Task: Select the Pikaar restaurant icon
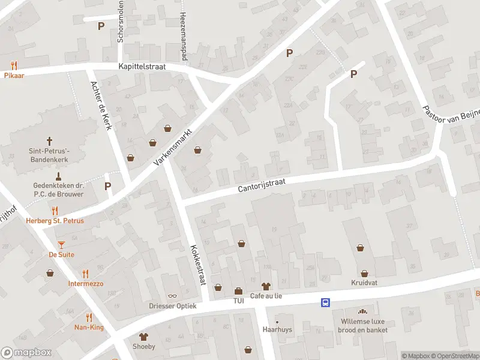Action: (13, 65)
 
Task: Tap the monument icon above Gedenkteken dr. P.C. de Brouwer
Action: (58, 176)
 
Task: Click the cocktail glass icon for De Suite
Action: (61, 244)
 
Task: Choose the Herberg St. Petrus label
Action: (55, 221)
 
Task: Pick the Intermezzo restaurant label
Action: (85, 283)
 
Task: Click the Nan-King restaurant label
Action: (89, 327)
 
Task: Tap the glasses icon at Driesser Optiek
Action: (172, 296)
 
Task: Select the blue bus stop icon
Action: (325, 302)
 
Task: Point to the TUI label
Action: (239, 301)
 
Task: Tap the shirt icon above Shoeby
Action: (143, 336)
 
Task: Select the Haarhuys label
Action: (277, 329)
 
